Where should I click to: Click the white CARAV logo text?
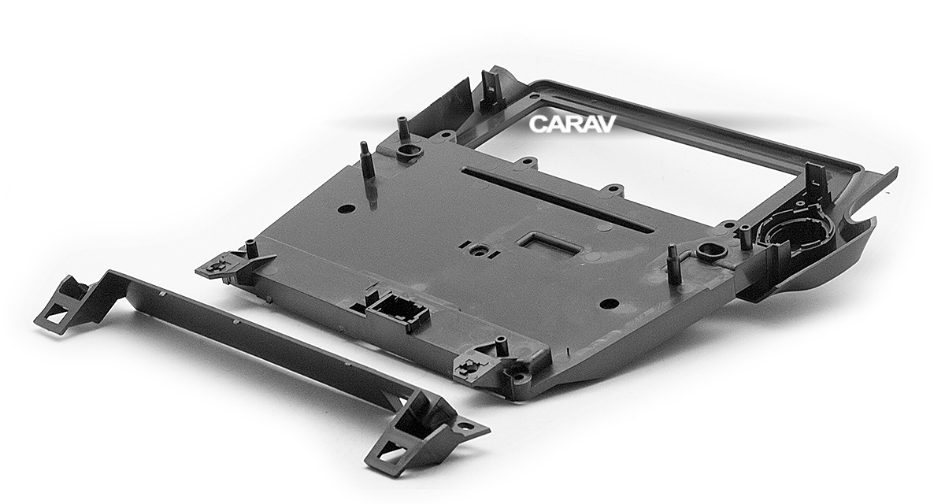point(572,124)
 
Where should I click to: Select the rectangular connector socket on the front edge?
point(398,314)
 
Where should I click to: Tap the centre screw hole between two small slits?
point(480,250)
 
